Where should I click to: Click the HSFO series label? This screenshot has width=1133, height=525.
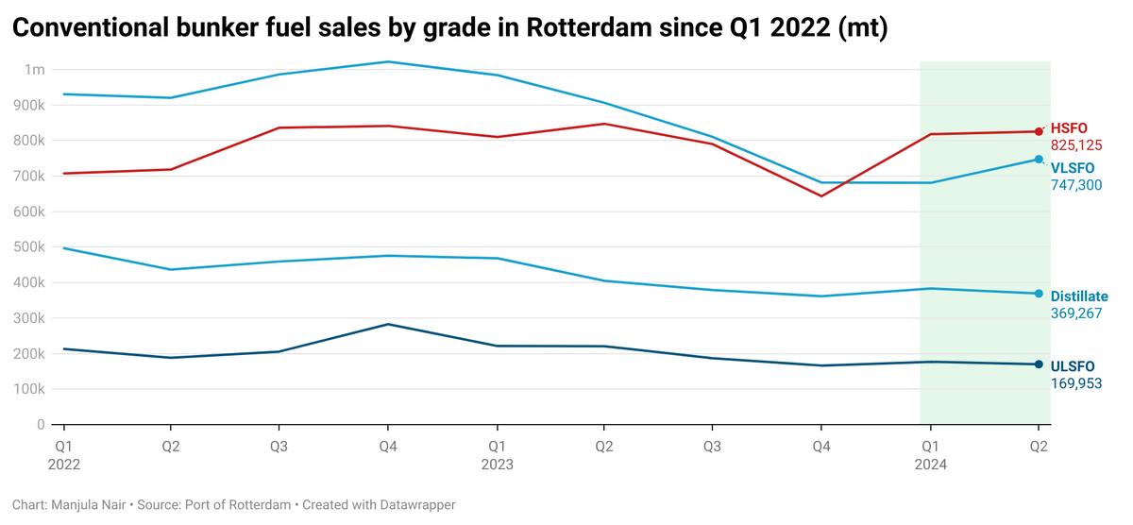coord(1069,128)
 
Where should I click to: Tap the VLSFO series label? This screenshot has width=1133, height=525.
coord(1073,168)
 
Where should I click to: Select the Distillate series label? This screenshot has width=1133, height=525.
coord(1079,296)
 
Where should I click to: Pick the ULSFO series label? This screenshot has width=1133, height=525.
coord(1073,366)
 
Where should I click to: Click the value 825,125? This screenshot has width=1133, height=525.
coord(1076,145)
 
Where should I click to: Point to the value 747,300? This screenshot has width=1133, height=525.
coord(1076,185)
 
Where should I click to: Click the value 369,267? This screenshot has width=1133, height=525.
coord(1076,313)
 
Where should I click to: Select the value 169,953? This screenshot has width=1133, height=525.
coord(1076,383)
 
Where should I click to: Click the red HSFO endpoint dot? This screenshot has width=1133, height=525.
coord(1039,131)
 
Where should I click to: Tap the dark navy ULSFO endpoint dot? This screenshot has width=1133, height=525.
coord(1039,364)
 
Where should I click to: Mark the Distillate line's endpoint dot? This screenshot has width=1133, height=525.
coord(1039,294)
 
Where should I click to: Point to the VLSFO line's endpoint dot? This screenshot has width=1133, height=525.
coord(1039,160)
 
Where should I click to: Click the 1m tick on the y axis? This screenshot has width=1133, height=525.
coord(35,70)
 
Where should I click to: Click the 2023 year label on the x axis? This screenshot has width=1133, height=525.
coord(497,465)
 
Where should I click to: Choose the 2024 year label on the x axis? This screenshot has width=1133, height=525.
coord(930,465)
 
